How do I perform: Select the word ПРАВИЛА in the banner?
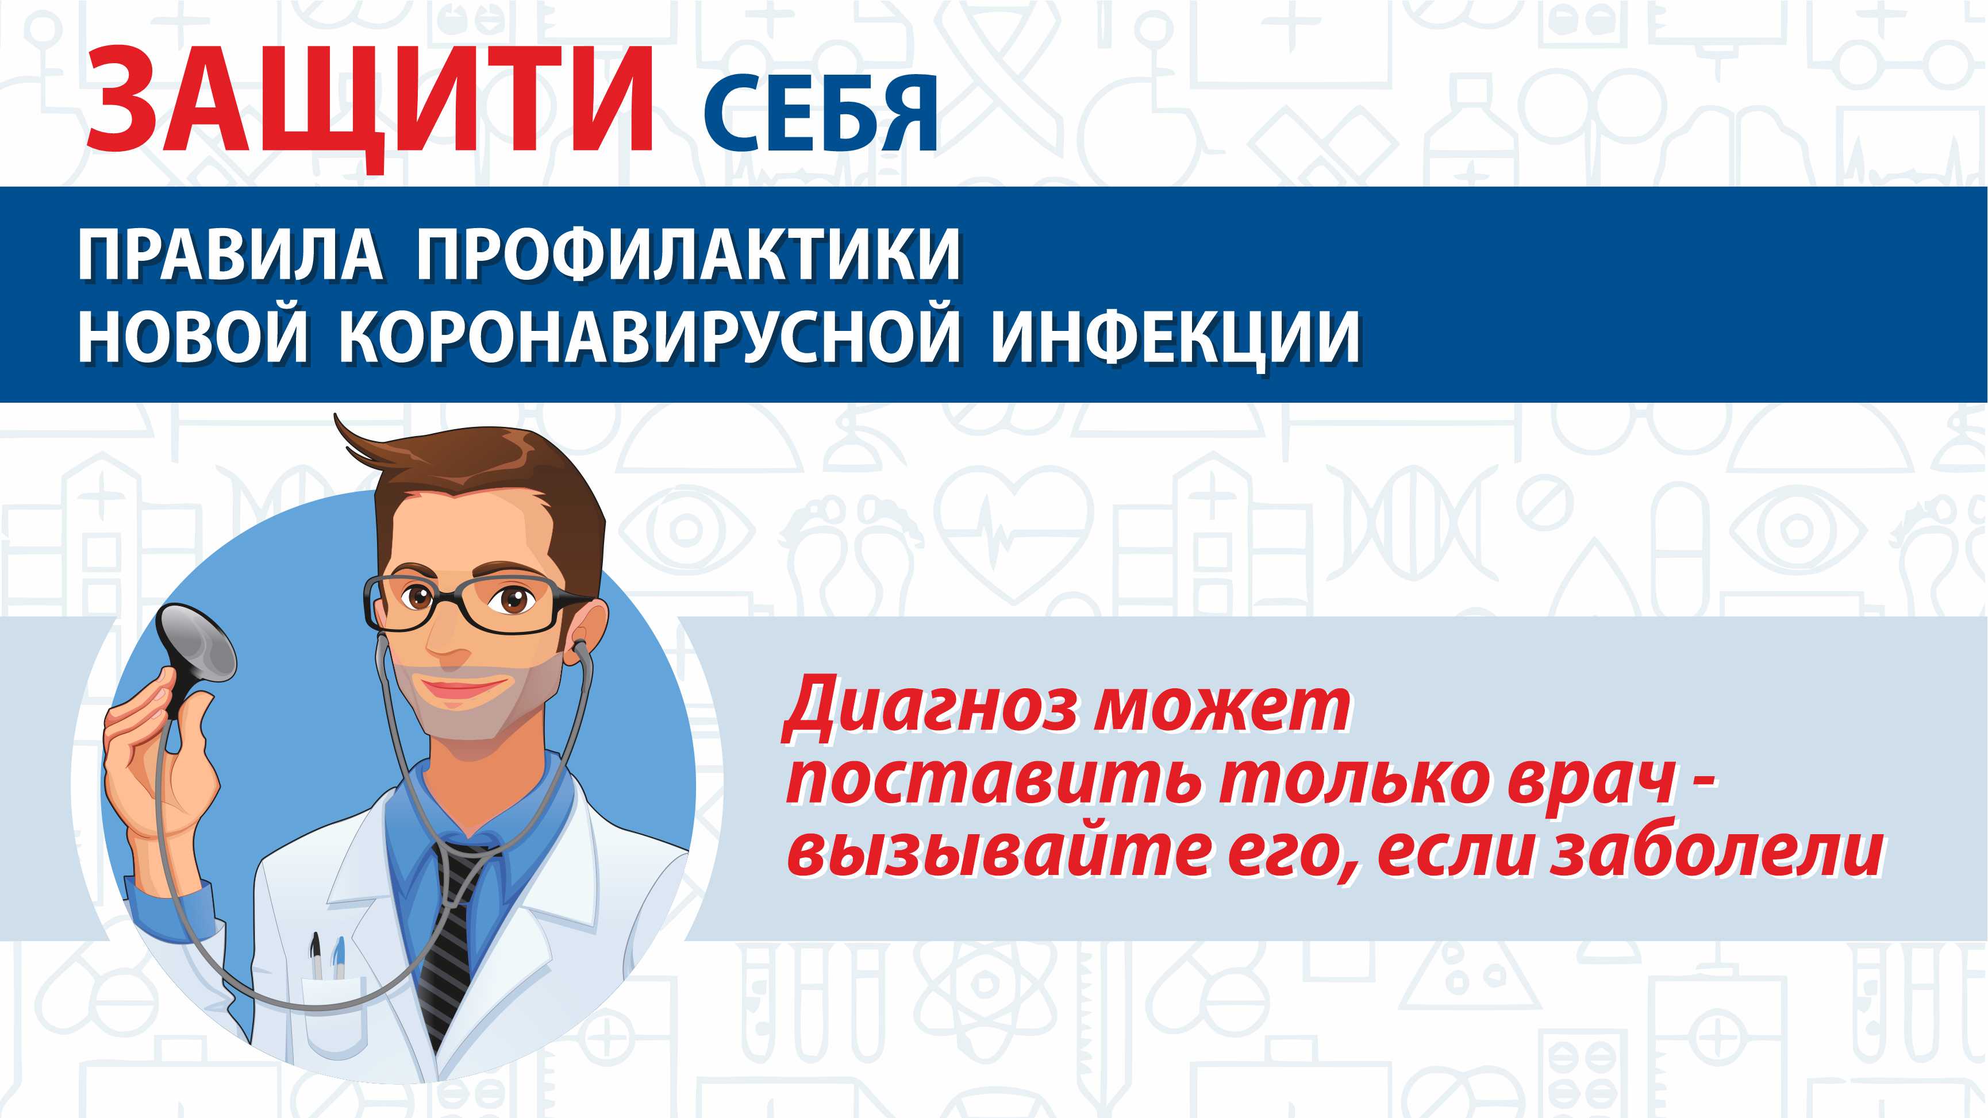pos(230,255)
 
